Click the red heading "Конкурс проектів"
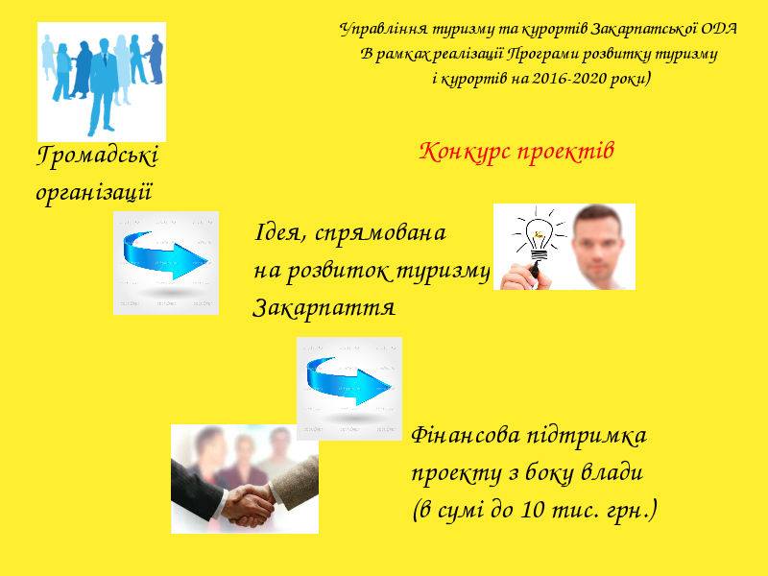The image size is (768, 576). click(516, 152)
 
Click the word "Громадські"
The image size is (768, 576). click(98, 156)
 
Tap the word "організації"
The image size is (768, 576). click(94, 192)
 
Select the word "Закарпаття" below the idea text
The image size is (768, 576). click(324, 308)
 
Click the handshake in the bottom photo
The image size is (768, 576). click(248, 505)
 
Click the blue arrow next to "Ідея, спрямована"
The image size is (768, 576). click(165, 255)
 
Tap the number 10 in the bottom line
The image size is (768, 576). click(532, 510)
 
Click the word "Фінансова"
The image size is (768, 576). click(466, 436)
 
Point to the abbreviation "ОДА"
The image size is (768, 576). click(718, 29)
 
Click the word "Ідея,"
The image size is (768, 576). click(281, 233)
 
